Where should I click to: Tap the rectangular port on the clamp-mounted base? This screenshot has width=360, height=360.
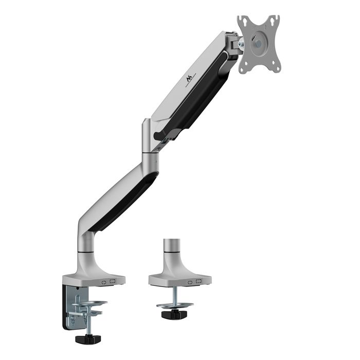(113, 282)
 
